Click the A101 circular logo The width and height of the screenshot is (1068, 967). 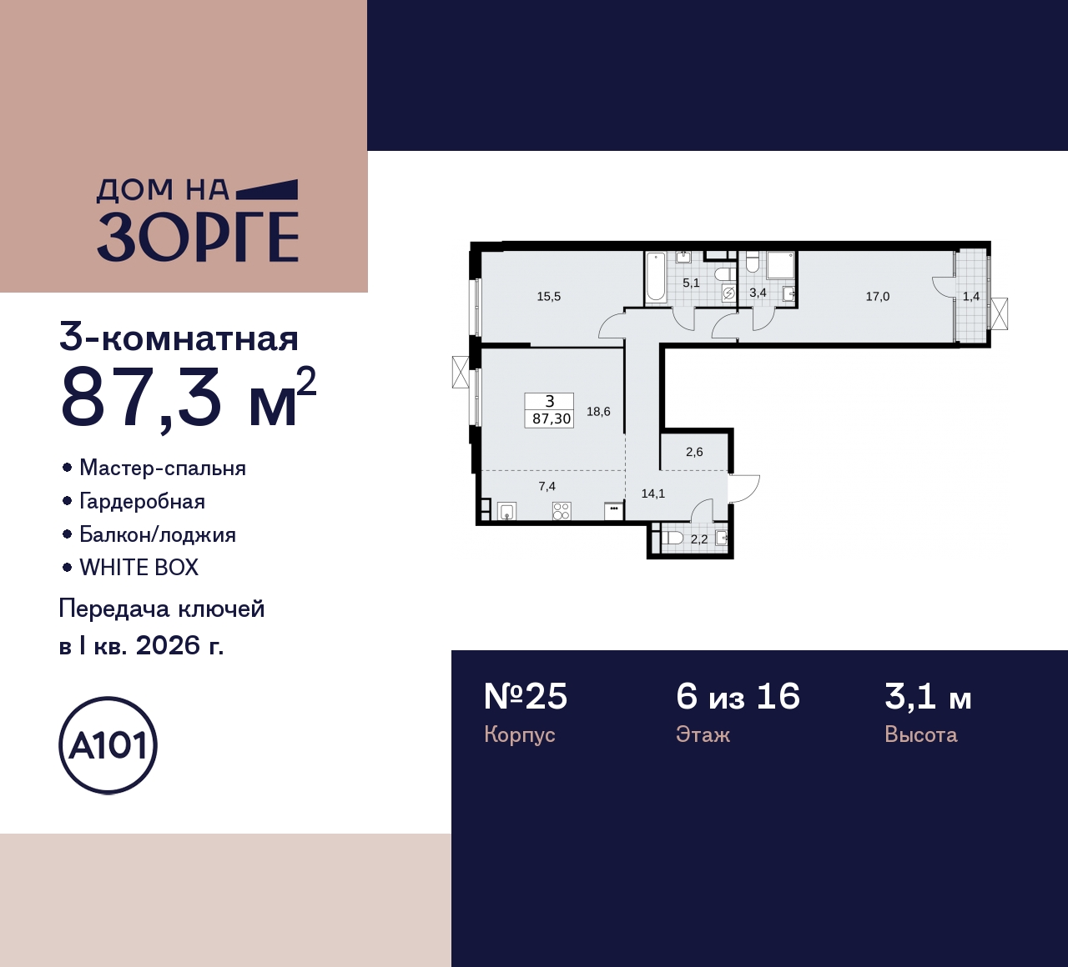[108, 744]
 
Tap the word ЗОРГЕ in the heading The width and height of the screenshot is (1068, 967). [198, 237]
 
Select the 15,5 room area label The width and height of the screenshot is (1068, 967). [549, 297]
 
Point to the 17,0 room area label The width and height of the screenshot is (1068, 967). [878, 297]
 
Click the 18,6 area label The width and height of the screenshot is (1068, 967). [598, 412]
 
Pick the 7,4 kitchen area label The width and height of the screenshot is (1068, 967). [547, 487]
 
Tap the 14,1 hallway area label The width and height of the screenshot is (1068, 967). [652, 494]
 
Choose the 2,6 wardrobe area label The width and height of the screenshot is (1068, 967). [694, 452]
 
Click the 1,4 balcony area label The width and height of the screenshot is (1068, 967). [971, 297]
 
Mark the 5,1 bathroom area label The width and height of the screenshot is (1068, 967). [691, 283]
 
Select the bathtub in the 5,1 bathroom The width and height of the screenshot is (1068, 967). [655, 277]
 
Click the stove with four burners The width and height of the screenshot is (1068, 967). [562, 510]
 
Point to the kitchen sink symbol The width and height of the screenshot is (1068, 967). [506, 511]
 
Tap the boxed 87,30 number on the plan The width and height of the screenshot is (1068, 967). [552, 418]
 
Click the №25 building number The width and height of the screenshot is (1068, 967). [526, 697]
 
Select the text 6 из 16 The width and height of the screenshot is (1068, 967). [738, 697]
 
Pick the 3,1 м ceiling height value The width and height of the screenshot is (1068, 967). [928, 697]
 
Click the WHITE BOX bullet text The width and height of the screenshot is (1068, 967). [139, 568]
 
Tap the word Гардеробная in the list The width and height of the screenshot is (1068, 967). [142, 502]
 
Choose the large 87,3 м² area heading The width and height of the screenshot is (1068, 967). [189, 398]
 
